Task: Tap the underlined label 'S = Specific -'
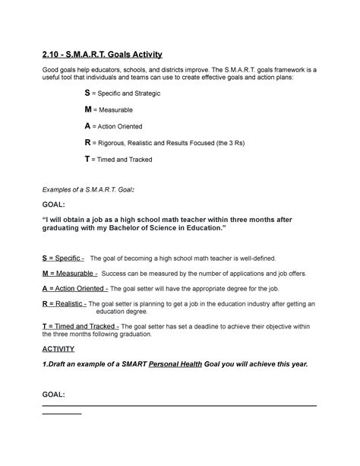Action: [x=62, y=258]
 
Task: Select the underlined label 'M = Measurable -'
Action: [x=69, y=273]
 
